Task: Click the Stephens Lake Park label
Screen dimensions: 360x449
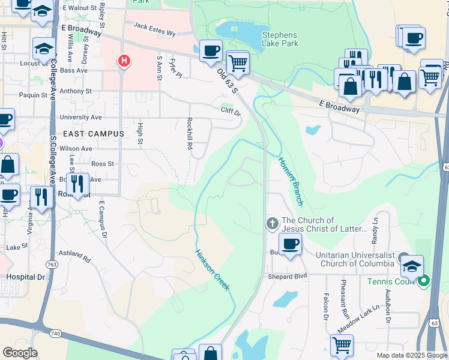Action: pyautogui.click(x=280, y=40)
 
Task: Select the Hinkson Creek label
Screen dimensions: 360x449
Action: pyautogui.click(x=212, y=271)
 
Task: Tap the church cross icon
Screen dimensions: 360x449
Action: pyautogui.click(x=272, y=224)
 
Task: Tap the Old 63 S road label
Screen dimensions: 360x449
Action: pyautogui.click(x=228, y=80)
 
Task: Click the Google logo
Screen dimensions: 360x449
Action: pyautogui.click(x=20, y=353)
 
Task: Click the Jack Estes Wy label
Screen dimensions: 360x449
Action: pyautogui.click(x=154, y=26)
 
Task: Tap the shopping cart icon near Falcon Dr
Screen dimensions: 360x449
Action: pyautogui.click(x=341, y=344)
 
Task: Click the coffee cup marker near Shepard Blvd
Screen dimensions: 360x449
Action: pyautogui.click(x=290, y=244)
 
